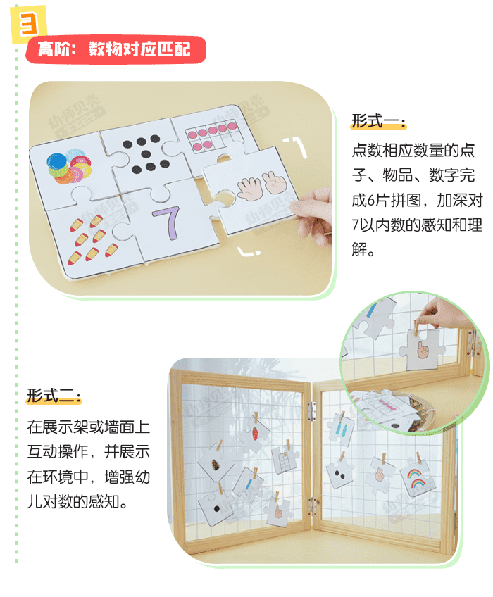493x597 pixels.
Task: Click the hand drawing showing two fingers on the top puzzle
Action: click(271, 184)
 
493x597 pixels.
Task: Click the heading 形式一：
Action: click(378, 122)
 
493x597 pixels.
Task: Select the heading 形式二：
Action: click(54, 396)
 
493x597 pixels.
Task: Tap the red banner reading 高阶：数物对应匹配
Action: click(116, 50)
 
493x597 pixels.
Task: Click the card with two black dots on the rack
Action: click(339, 475)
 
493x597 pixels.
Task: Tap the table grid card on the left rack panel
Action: click(282, 462)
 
